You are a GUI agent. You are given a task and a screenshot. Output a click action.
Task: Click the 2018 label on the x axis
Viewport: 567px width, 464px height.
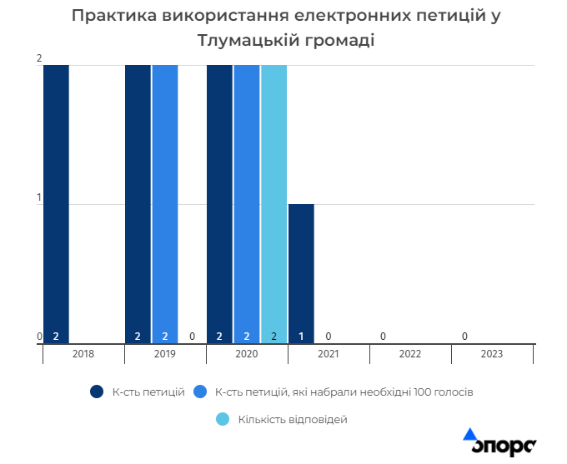pyautogui.click(x=83, y=354)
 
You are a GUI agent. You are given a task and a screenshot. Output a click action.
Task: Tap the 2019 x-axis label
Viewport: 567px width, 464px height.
pyautogui.click(x=165, y=354)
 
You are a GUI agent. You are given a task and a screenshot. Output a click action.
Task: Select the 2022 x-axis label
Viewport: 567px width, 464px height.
pyautogui.click(x=410, y=354)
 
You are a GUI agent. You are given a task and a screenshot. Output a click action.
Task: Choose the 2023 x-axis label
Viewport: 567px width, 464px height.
pyautogui.click(x=492, y=354)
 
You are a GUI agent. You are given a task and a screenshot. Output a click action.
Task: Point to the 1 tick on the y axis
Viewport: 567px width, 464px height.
pyautogui.click(x=38, y=197)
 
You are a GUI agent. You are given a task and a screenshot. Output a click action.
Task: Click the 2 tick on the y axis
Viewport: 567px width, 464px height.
pyautogui.click(x=38, y=58)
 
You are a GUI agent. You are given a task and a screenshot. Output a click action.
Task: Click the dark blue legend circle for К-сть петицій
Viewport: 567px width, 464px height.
pyautogui.click(x=97, y=392)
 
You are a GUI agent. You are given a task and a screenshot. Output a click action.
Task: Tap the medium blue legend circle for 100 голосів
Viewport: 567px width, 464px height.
pyautogui.click(x=200, y=392)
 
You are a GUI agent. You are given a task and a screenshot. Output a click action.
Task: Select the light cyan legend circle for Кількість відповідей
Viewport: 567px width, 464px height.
pyautogui.click(x=223, y=420)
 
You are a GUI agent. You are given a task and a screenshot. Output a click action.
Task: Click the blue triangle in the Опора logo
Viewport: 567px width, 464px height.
pyautogui.click(x=469, y=434)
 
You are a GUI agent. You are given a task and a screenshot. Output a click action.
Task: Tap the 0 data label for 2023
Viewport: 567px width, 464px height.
pyautogui.click(x=464, y=337)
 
